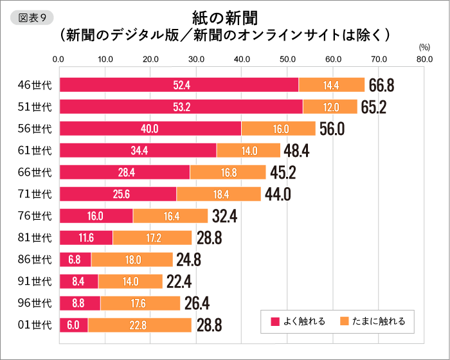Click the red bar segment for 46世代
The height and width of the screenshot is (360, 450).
tap(179, 85)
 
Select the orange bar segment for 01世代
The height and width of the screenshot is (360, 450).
tap(139, 325)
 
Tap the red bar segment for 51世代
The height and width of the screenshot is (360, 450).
tap(181, 107)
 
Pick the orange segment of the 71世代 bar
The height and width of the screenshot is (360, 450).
tap(219, 194)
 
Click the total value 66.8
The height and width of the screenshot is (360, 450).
tap(381, 85)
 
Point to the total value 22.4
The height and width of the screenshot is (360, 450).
tap(178, 282)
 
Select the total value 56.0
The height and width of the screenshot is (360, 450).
tap(332, 129)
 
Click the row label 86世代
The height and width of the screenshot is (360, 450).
tap(35, 260)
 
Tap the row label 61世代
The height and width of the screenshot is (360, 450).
tap(35, 150)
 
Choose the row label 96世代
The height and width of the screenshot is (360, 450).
tap(35, 303)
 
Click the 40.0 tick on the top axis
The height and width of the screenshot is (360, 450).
tap(242, 60)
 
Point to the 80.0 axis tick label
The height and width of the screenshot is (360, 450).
tap(424, 60)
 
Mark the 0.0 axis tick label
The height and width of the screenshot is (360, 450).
tap(59, 60)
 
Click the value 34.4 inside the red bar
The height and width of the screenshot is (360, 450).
tap(139, 150)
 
